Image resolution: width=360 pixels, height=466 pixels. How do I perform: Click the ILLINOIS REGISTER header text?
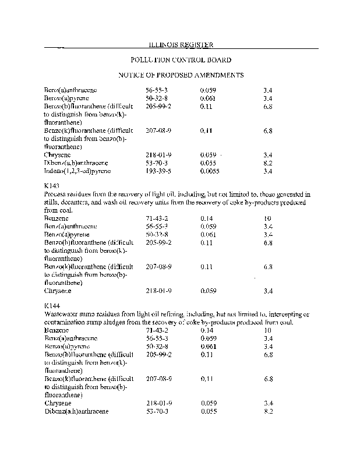(x=180, y=45)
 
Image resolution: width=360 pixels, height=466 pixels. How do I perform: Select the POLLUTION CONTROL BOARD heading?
(x=181, y=60)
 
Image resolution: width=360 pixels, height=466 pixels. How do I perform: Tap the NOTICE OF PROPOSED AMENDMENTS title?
(x=181, y=75)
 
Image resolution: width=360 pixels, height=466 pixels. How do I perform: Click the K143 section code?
(x=51, y=185)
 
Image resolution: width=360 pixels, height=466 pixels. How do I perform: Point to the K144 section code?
(x=52, y=305)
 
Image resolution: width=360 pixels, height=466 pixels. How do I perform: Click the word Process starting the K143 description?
(x=56, y=194)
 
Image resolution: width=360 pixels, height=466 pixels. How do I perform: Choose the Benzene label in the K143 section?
(x=55, y=218)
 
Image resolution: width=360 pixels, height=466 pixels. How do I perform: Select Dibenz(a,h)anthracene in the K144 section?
(x=76, y=411)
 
